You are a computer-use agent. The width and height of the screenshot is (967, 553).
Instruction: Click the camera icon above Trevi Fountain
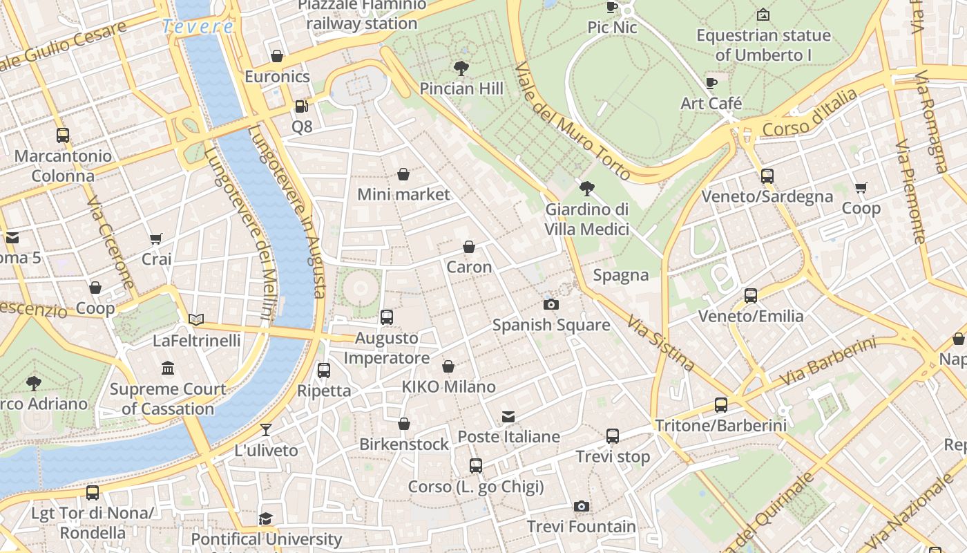582,507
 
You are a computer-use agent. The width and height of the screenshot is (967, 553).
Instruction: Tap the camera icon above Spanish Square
550,304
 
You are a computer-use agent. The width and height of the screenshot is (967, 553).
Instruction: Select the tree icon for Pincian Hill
461,68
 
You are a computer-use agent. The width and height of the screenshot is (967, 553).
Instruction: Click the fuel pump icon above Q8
301,106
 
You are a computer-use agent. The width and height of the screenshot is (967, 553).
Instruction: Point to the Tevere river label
198,27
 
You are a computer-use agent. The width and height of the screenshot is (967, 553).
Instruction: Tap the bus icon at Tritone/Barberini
721,405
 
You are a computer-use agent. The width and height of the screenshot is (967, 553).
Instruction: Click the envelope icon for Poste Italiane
508,417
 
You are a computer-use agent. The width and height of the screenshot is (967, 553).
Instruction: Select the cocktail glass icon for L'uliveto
266,430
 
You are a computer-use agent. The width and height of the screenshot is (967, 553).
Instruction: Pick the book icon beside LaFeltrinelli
197,319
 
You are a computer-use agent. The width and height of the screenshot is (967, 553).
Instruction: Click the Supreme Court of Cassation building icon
168,368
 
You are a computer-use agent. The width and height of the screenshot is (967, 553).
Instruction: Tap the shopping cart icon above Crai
156,239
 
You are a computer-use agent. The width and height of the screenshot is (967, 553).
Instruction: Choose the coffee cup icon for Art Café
711,84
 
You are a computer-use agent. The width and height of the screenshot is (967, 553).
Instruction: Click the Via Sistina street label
661,342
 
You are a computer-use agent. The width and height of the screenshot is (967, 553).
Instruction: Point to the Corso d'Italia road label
810,113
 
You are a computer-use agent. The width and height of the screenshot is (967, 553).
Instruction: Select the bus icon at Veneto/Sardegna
767,176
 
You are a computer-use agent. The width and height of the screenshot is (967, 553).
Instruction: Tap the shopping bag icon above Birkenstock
404,424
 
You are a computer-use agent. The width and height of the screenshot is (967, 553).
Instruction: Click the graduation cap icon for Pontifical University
266,518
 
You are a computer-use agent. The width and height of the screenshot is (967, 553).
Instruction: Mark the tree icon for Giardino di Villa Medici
587,188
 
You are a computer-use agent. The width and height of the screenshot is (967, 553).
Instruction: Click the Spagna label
621,275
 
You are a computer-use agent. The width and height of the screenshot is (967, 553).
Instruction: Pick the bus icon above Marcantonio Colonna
63,135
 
